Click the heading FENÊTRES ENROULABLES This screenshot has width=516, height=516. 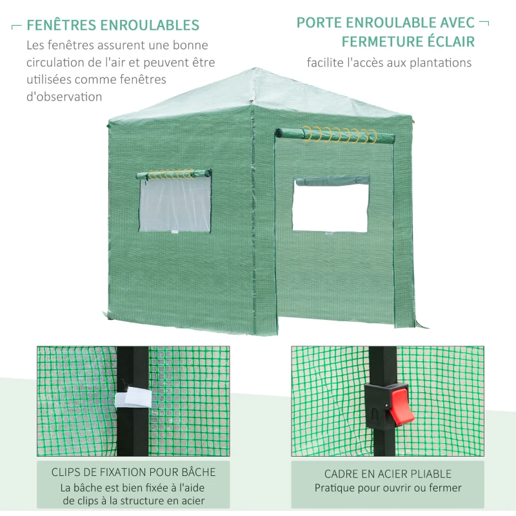tap(113, 26)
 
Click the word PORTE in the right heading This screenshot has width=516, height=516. tap(318, 23)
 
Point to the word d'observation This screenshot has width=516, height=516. tap(64, 97)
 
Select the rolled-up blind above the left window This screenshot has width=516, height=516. tap(173, 174)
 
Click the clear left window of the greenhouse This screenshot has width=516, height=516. tap(175, 205)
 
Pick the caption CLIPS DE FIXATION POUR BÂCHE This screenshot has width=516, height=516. tap(134, 472)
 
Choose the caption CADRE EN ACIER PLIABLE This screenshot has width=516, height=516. tap(388, 474)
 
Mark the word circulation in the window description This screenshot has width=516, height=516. tap(57, 63)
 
